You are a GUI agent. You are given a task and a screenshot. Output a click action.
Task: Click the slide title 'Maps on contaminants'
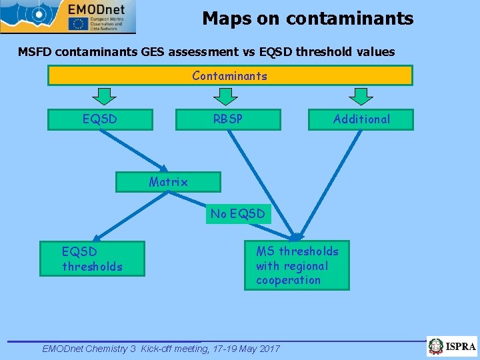(307, 19)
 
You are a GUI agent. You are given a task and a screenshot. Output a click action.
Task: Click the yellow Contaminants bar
(230, 75)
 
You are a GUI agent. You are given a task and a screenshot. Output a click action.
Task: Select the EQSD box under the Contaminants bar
(100, 119)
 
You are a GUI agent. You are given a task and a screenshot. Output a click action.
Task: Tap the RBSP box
(227, 119)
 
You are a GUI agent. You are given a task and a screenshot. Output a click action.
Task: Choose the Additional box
(361, 119)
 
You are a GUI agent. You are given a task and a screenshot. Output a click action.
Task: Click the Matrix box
(168, 182)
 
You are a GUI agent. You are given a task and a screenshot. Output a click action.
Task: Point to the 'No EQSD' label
(238, 214)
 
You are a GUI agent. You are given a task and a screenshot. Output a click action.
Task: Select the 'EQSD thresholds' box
(92, 259)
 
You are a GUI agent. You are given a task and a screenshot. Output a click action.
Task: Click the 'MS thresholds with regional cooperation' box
(297, 265)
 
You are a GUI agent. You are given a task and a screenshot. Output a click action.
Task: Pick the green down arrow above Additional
(361, 97)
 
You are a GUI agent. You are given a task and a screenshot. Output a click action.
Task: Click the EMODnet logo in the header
(68, 17)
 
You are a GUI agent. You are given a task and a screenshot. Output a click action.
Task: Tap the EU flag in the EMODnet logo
(78, 23)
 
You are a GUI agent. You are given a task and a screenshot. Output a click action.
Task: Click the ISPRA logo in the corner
(453, 347)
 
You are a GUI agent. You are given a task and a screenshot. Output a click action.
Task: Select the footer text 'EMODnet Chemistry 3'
(89, 349)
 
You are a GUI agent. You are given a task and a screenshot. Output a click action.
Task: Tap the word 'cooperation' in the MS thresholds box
(288, 281)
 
